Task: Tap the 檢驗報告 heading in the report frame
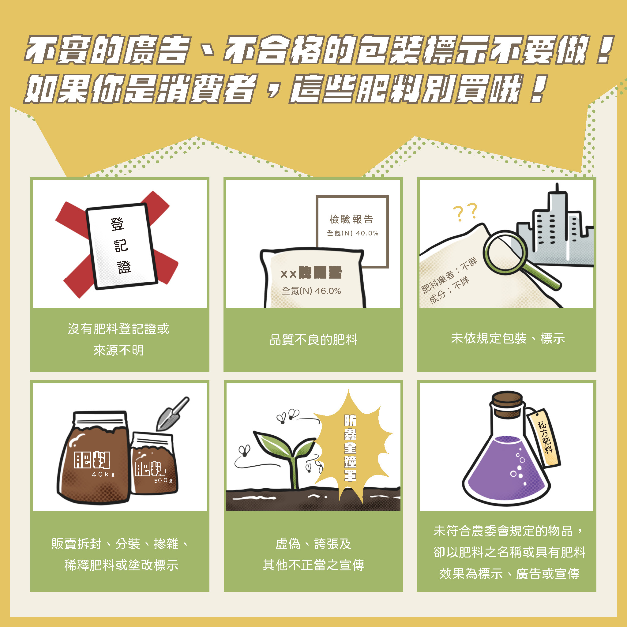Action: coord(351,220)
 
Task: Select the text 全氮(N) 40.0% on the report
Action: coord(352,233)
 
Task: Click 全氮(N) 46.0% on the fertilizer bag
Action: coord(311,291)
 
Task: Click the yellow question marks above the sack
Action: coord(465,212)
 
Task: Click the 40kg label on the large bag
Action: coord(103,474)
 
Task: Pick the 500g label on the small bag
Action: coord(163,480)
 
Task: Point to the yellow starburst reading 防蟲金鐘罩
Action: coord(351,448)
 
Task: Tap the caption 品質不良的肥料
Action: coord(313,340)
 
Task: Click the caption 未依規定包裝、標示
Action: coord(508,339)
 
